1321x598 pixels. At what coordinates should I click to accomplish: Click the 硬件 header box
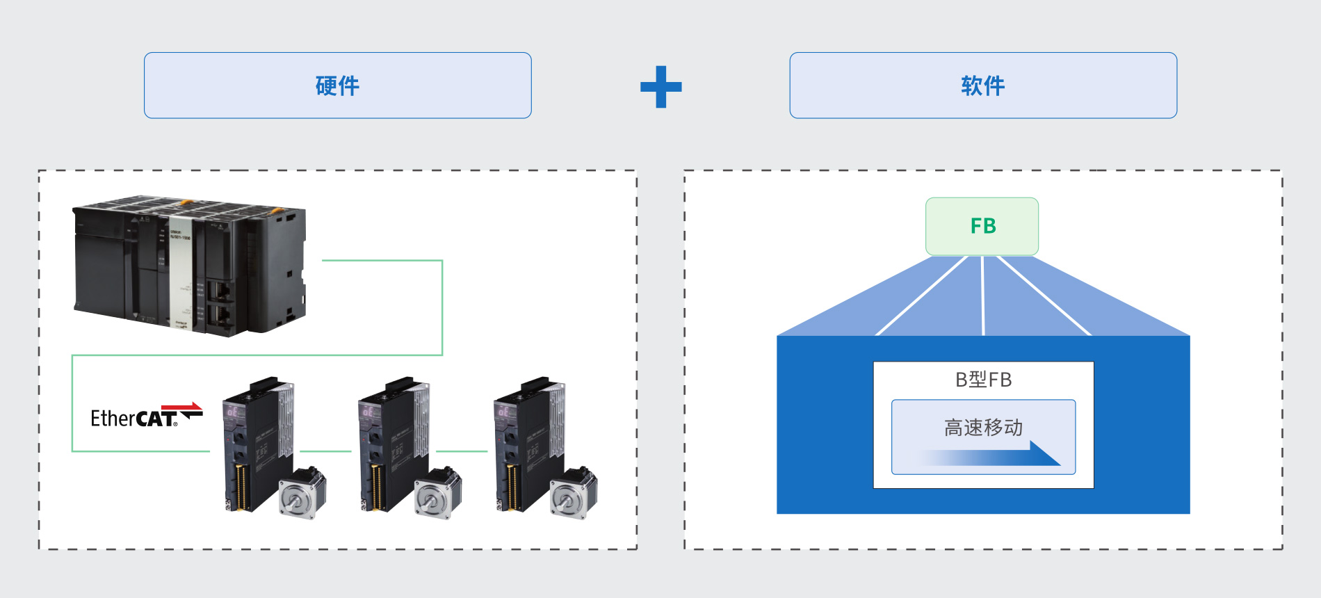[337, 86]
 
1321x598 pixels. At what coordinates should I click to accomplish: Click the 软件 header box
[982, 86]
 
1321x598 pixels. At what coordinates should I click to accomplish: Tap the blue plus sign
[660, 87]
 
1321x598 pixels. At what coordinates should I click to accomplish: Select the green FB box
[982, 226]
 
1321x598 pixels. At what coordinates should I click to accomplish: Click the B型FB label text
[983, 380]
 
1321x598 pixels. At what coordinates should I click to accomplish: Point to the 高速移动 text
[983, 427]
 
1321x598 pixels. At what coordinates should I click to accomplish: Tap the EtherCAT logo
[146, 417]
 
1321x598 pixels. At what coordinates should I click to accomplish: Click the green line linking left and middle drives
[325, 451]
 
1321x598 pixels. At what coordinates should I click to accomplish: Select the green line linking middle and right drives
[462, 451]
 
